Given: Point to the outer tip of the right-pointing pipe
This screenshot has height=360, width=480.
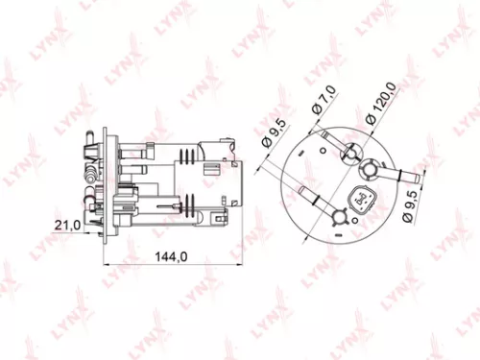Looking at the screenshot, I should [423, 174].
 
